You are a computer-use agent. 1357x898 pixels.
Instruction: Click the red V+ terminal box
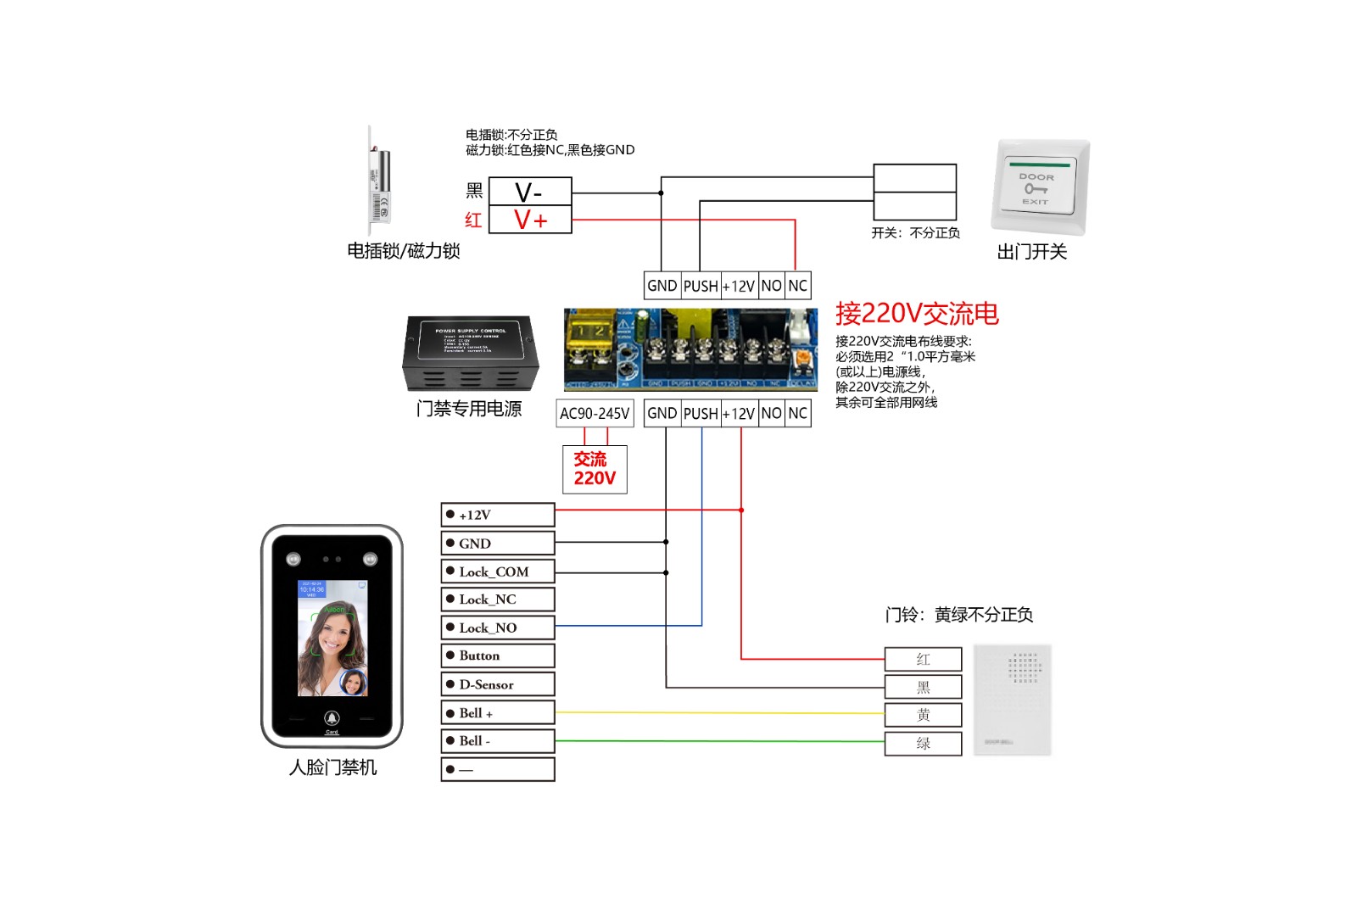[530, 220]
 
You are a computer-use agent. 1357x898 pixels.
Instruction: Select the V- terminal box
[530, 192]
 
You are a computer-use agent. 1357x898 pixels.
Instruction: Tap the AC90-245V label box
[595, 413]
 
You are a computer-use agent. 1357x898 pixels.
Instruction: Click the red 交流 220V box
[595, 469]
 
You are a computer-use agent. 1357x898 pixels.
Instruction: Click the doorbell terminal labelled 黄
[923, 715]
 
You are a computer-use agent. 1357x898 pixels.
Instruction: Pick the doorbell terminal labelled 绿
[923, 744]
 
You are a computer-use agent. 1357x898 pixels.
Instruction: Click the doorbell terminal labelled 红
[923, 659]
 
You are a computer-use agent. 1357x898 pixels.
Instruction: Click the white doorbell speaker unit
[1012, 700]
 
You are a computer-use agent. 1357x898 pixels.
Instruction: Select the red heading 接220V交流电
[917, 314]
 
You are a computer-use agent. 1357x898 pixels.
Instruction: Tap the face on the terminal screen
[333, 640]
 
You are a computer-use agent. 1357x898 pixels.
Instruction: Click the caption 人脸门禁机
[332, 767]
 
